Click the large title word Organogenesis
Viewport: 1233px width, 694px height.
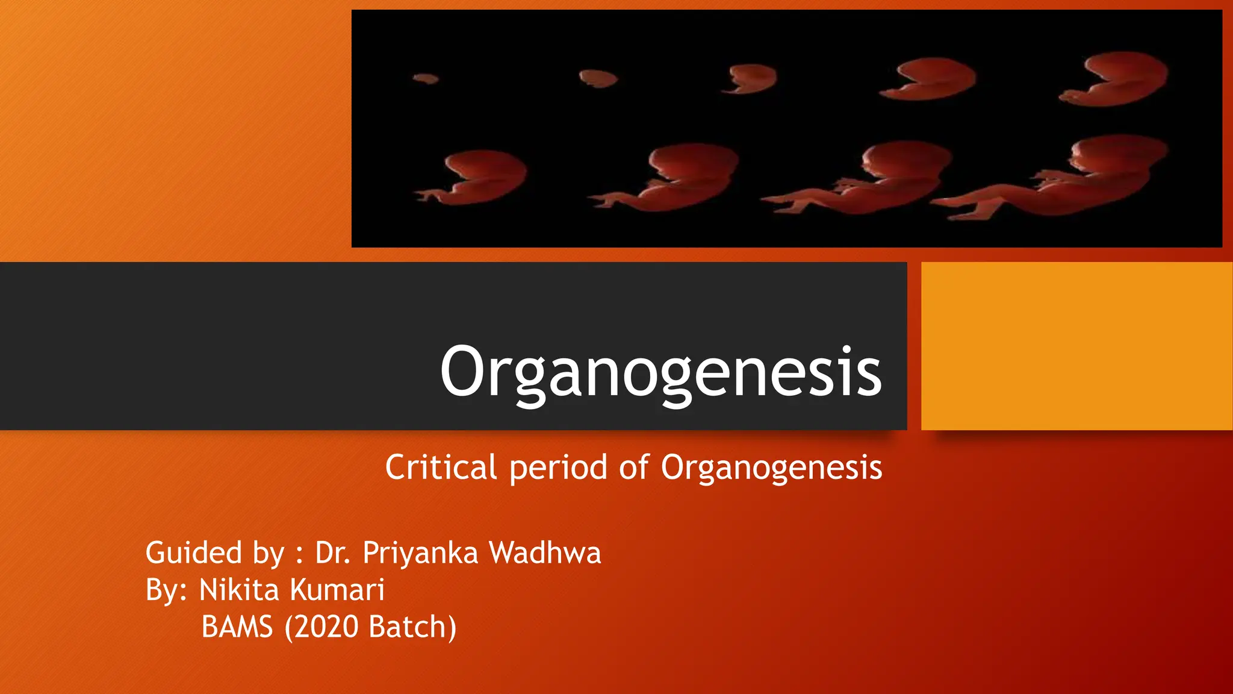click(x=661, y=372)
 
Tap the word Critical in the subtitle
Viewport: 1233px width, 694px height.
click(x=441, y=467)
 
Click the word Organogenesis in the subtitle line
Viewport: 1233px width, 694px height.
click(x=771, y=467)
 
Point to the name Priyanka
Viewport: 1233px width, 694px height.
click(x=420, y=553)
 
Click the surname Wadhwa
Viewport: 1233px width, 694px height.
click(x=545, y=553)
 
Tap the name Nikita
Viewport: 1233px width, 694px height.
click(x=239, y=590)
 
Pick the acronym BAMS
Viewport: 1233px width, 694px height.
click(x=237, y=627)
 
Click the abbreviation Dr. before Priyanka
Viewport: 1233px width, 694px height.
click(x=332, y=553)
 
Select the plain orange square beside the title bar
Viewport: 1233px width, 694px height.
click(x=1076, y=346)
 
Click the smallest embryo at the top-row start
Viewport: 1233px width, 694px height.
click(x=426, y=78)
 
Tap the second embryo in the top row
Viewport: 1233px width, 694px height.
click(x=598, y=78)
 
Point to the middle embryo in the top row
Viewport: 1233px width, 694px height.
click(x=751, y=79)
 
